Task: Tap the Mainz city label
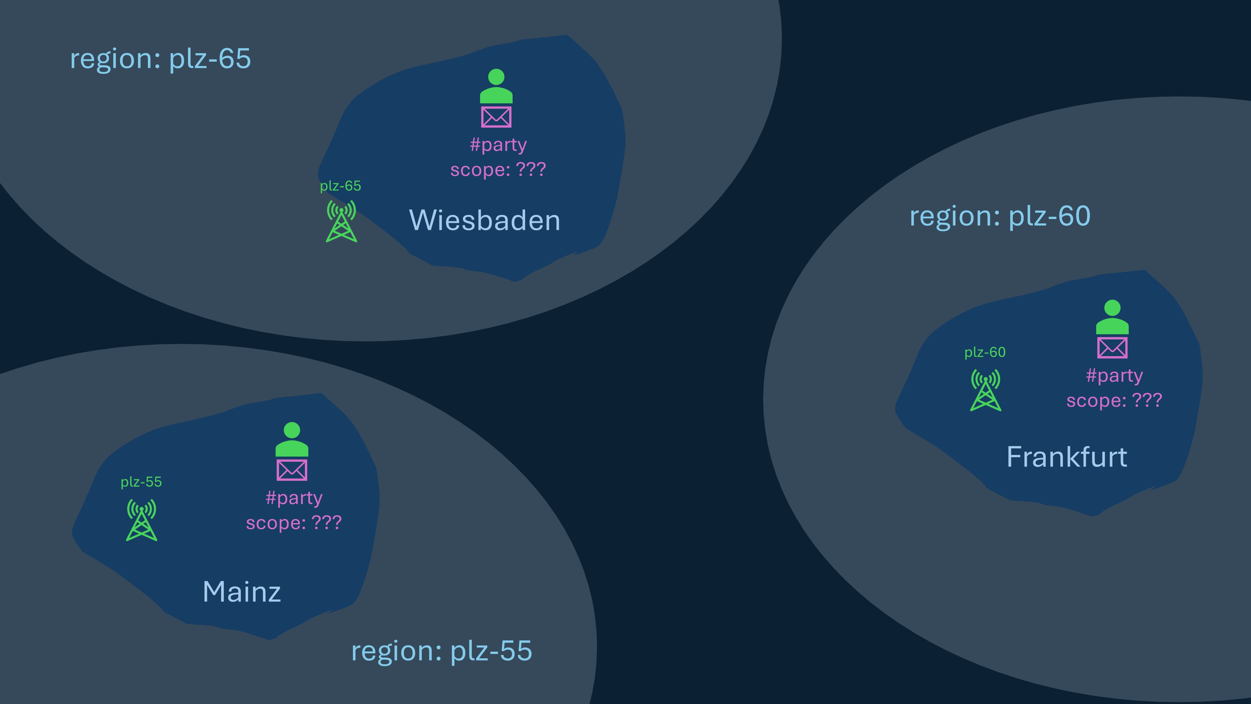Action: (x=241, y=592)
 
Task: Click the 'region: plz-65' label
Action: (x=160, y=59)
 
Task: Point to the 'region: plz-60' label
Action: (x=1000, y=216)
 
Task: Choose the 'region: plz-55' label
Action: (x=441, y=651)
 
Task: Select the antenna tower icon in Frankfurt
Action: (x=985, y=390)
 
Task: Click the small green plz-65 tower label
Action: (x=341, y=186)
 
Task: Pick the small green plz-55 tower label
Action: (x=141, y=482)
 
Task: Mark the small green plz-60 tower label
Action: (x=985, y=352)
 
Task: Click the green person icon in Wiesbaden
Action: (x=496, y=86)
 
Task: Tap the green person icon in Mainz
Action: (x=291, y=439)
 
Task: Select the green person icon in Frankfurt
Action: (x=1112, y=317)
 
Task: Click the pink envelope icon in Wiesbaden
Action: (x=496, y=117)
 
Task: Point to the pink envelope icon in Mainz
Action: (x=291, y=470)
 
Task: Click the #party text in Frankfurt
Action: (x=1114, y=375)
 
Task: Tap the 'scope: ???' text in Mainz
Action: (x=294, y=523)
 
